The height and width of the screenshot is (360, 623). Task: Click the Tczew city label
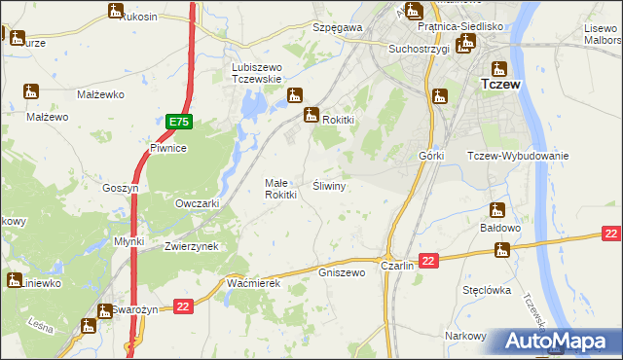[501, 85]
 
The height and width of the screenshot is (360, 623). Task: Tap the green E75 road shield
[178, 122]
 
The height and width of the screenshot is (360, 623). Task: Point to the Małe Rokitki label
[281, 188]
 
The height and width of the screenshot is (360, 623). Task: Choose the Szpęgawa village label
[337, 28]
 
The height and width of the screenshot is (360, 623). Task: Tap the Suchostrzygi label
[418, 48]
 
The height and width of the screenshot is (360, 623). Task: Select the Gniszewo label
[342, 272]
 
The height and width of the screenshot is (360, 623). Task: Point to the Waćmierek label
[253, 282]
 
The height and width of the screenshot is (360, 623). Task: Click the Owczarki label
[196, 203]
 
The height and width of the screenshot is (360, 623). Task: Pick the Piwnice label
[167, 148]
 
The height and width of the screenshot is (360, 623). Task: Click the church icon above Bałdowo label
[497, 210]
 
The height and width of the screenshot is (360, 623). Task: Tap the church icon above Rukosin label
[116, 12]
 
